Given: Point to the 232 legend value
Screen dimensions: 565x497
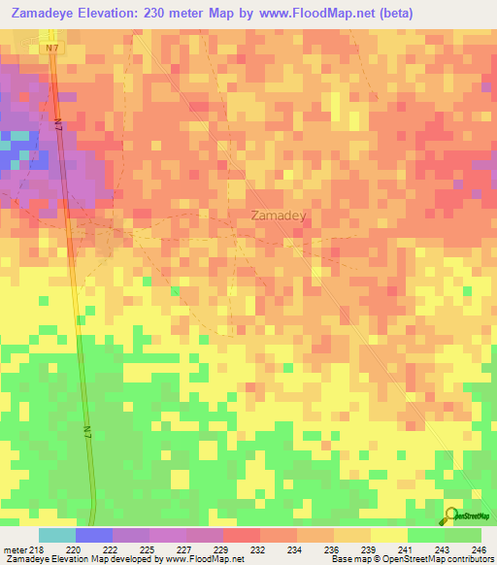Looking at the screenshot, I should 257,549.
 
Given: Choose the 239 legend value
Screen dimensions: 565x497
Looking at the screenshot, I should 370,549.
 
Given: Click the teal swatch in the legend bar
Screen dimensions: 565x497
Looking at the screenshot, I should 56,535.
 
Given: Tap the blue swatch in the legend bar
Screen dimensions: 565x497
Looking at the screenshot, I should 93,535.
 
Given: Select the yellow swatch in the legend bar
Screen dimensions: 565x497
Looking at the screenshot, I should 388,535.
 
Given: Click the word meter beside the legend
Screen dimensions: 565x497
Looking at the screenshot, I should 14,549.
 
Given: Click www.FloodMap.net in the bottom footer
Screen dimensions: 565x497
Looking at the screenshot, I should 201,559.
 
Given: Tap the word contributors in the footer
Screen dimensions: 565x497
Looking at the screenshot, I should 470,559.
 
